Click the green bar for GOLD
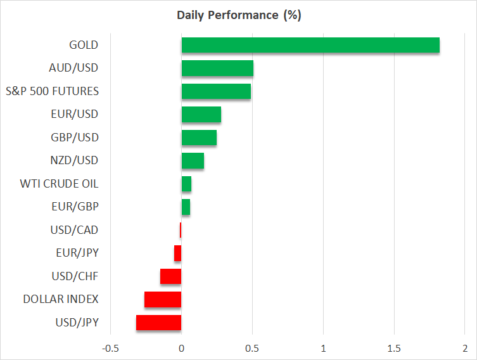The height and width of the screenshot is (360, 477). click(x=310, y=45)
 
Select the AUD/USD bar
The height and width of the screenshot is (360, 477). click(x=217, y=68)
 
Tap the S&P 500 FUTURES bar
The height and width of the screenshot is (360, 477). click(x=216, y=91)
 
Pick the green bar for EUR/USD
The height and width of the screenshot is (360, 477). click(x=201, y=115)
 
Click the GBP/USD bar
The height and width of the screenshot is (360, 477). click(x=199, y=138)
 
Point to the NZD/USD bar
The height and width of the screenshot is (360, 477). click(x=193, y=161)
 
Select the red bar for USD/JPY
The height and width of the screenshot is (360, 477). click(x=159, y=323)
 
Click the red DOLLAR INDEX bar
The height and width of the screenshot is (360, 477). click(x=163, y=299)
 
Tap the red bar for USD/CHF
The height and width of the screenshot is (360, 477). click(x=171, y=276)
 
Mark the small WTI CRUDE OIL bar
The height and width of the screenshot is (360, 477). click(x=186, y=184)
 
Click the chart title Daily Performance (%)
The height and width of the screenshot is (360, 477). click(x=238, y=15)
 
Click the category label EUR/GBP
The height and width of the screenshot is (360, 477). click(x=75, y=207)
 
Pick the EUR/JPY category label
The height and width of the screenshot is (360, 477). click(x=77, y=253)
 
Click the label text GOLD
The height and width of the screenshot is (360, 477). click(x=84, y=45)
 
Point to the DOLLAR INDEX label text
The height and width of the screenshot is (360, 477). click(x=61, y=299)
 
